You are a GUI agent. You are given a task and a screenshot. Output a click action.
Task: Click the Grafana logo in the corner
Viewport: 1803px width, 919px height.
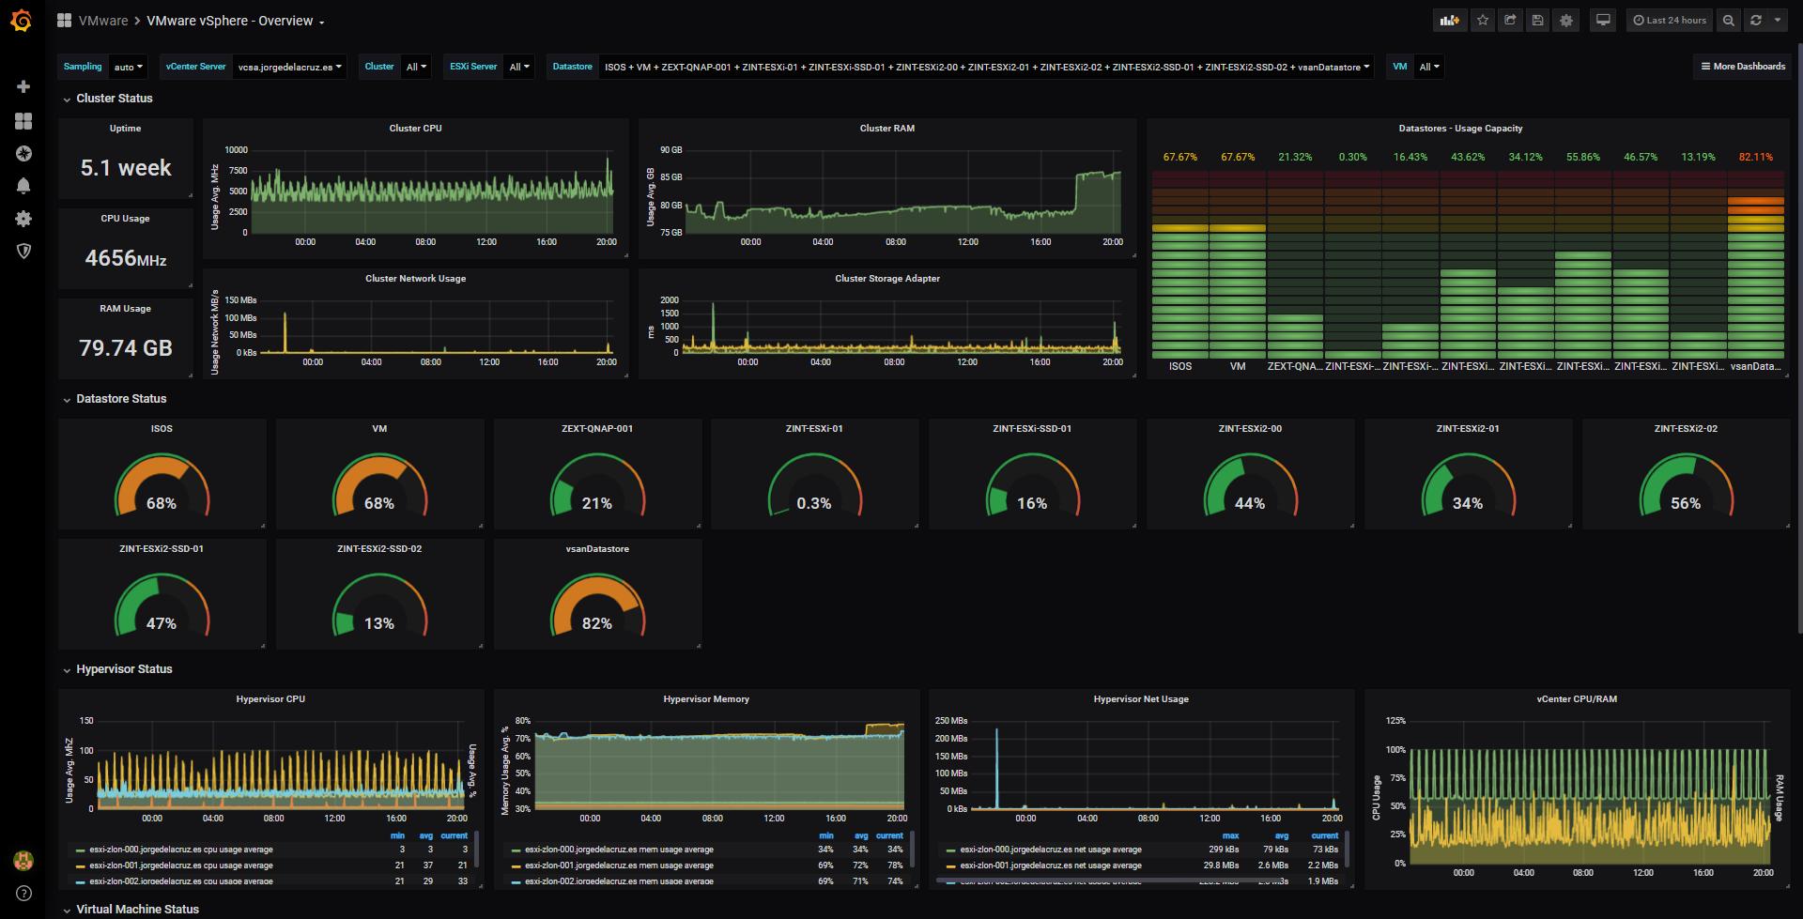(22, 20)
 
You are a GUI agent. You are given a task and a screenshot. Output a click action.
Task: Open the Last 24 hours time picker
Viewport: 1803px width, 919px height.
(1669, 20)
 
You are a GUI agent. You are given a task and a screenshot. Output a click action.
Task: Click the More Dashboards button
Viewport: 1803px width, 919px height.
(1742, 67)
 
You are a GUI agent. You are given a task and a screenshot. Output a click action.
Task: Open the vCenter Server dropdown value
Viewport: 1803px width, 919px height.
(289, 67)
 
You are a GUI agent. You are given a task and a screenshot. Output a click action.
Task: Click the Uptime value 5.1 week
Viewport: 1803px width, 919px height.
(126, 168)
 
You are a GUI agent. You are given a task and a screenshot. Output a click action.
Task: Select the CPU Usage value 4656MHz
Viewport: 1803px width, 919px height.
(126, 258)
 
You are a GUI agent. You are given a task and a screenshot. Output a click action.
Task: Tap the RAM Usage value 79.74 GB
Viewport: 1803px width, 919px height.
(126, 348)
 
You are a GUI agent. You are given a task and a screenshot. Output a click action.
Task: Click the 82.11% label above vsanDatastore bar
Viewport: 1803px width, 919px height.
(1755, 157)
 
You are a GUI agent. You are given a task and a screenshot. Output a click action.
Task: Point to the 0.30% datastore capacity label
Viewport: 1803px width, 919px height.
(1352, 157)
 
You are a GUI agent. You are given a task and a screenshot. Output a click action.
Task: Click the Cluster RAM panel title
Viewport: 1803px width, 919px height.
(886, 129)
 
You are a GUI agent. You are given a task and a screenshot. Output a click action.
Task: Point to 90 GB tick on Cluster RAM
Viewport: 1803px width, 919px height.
(670, 150)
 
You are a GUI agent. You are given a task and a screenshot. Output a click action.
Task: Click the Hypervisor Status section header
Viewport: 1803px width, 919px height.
(124, 669)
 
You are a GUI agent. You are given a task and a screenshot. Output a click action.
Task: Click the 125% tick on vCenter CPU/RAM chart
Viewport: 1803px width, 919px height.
(1395, 721)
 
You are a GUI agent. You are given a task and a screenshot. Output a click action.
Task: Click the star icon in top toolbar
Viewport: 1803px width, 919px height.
(1482, 20)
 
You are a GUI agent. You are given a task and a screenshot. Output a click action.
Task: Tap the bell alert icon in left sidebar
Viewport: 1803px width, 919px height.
(23, 186)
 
